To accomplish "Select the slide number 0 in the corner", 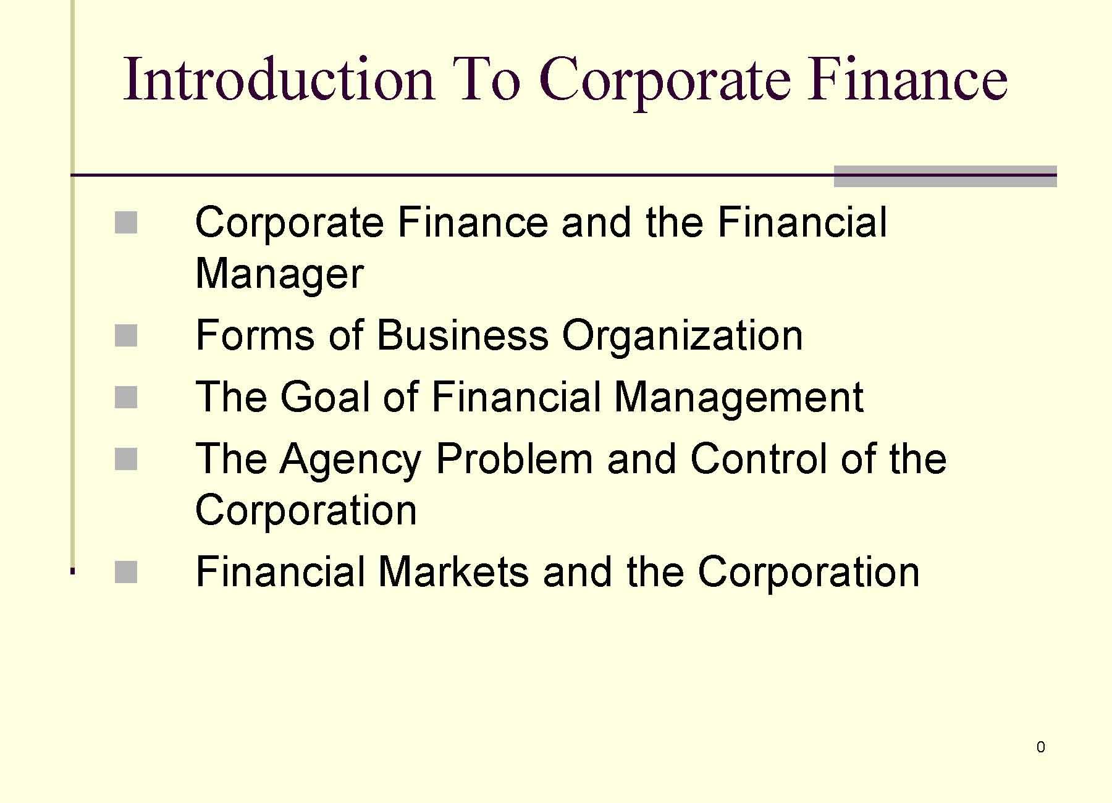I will pos(1041,747).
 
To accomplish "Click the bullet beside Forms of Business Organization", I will pos(126,337).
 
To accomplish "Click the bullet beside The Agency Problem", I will pos(126,460).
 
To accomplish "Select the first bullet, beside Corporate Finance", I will pos(126,223).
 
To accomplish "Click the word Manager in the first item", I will pos(279,274).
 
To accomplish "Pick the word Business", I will pos(462,336).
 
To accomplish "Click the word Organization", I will pos(682,336).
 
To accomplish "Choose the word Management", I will pos(739,398).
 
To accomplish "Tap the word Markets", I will pos(453,572).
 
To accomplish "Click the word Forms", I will pos(255,336).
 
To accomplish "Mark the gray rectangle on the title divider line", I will pos(945,176).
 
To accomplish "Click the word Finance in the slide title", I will pos(908,80).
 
